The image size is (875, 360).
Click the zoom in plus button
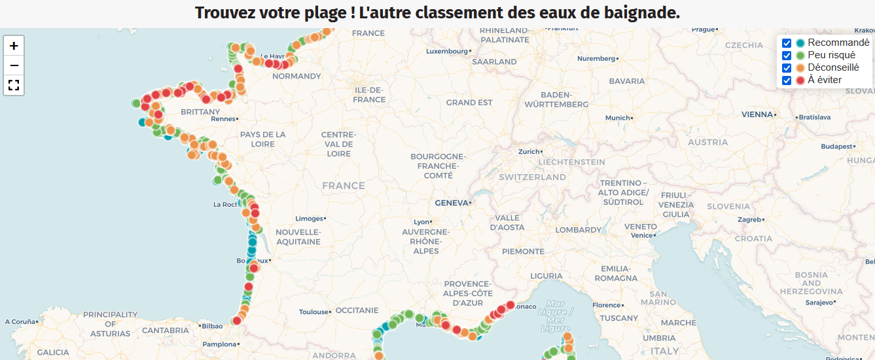(14, 46)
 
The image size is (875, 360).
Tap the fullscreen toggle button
(14, 85)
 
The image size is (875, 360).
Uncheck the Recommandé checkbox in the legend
(787, 43)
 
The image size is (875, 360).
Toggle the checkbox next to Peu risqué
(787, 56)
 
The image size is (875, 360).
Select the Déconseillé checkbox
(787, 68)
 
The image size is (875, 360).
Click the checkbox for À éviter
(787, 81)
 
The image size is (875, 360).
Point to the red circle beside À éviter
(800, 81)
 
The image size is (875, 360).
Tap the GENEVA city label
(452, 203)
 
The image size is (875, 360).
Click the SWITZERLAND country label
(532, 177)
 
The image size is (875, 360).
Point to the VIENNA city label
(757, 115)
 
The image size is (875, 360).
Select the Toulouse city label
(313, 312)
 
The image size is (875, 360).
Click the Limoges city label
(309, 219)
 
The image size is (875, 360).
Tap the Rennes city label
(223, 119)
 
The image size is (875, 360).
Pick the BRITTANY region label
(200, 112)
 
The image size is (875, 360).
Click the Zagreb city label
(749, 220)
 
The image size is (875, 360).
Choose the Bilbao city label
(212, 326)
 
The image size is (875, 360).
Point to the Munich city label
(617, 118)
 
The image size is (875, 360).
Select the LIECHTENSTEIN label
(571, 162)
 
